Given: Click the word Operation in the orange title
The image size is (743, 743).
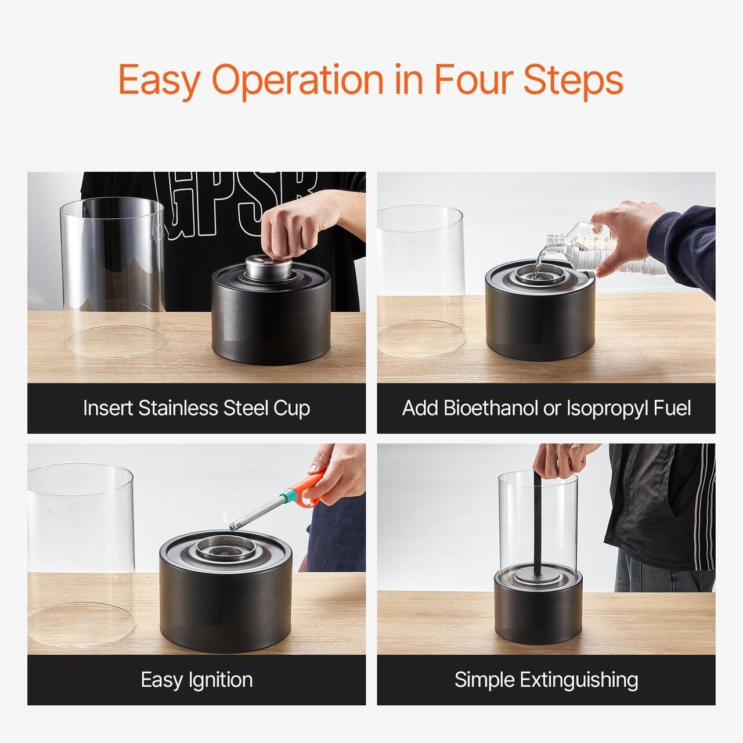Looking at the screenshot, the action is tap(298, 81).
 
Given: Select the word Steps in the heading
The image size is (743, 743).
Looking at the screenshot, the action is tap(573, 81).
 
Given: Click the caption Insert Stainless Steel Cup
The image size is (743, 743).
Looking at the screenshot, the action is tap(196, 408).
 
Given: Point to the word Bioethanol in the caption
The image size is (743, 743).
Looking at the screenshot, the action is tap(490, 408).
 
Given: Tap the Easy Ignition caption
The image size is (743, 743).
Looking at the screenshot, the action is tap(196, 680).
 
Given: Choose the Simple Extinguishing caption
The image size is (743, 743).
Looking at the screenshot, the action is tap(546, 680).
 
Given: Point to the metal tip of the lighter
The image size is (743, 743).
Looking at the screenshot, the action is tap(233, 526).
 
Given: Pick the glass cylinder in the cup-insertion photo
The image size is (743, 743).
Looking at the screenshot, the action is tap(113, 277).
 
